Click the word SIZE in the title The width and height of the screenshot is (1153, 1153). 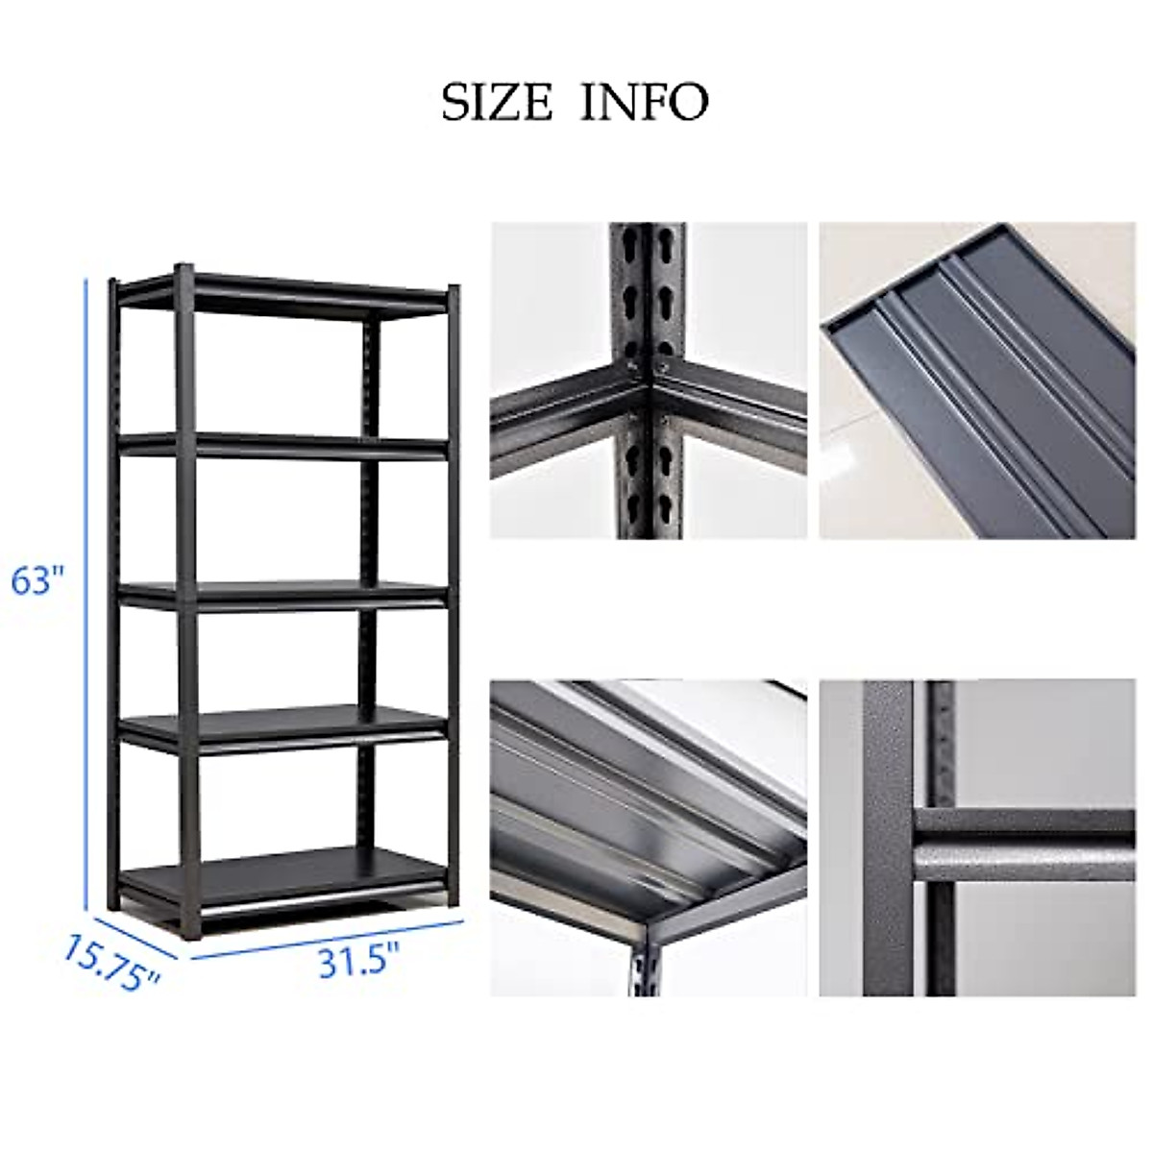pyautogui.click(x=498, y=101)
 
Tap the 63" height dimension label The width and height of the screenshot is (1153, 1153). pyautogui.click(x=38, y=581)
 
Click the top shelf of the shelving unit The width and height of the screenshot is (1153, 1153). pyautogui.click(x=288, y=292)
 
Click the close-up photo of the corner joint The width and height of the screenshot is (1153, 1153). pyautogui.click(x=649, y=380)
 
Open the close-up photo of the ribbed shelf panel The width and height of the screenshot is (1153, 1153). pyautogui.click(x=976, y=380)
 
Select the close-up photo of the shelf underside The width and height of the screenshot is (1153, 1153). pyautogui.click(x=649, y=837)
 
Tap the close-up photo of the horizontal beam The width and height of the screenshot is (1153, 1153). pyautogui.click(x=976, y=837)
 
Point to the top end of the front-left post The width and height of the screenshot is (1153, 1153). pyautogui.click(x=183, y=270)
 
